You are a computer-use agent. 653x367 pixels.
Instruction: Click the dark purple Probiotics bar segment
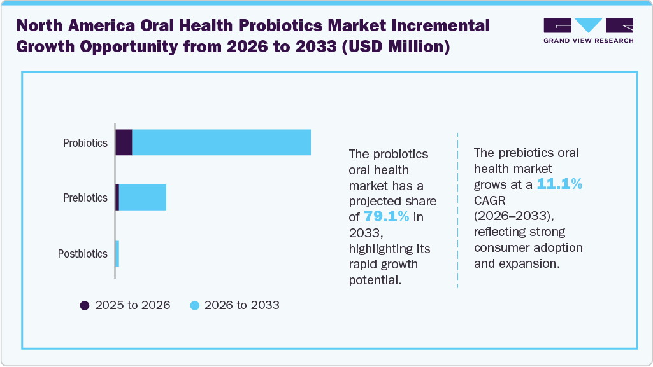point(124,142)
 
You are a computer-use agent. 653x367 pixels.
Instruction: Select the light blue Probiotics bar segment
point(221,142)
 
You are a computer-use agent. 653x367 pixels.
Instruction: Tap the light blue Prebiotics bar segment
point(143,197)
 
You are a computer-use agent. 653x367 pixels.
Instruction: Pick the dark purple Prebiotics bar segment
point(117,197)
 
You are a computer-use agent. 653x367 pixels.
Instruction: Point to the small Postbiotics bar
point(117,253)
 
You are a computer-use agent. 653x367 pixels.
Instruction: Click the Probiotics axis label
point(85,143)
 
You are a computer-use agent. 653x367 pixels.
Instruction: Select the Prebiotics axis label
point(85,198)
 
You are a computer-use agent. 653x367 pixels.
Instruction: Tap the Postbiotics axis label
point(83,254)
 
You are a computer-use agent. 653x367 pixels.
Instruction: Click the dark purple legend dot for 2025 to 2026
point(85,305)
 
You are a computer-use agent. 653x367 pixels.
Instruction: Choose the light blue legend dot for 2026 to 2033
point(195,305)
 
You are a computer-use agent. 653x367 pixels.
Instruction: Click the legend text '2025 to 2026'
point(133,305)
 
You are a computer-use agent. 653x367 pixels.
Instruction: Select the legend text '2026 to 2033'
point(242,305)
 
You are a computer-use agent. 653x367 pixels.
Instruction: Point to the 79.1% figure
point(386,216)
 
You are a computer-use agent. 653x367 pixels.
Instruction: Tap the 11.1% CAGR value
point(560,184)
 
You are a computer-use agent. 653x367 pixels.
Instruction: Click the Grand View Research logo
point(588,31)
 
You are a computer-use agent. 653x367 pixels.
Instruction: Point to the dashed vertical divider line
point(457,210)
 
